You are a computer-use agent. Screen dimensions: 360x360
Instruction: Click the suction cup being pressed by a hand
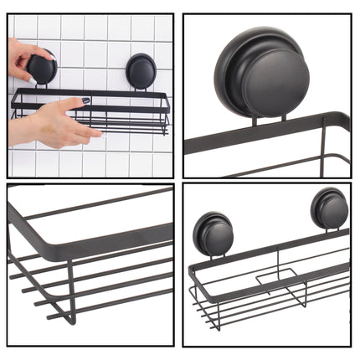click(x=41, y=68)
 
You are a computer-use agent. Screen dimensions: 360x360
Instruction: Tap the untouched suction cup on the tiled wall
click(x=141, y=69)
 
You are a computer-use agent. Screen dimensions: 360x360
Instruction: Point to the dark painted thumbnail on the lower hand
click(x=85, y=102)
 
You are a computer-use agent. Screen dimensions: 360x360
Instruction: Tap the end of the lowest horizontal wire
click(x=48, y=316)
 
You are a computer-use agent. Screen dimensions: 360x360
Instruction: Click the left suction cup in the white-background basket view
click(x=213, y=234)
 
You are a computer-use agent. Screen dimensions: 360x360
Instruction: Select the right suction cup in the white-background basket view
click(x=327, y=208)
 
